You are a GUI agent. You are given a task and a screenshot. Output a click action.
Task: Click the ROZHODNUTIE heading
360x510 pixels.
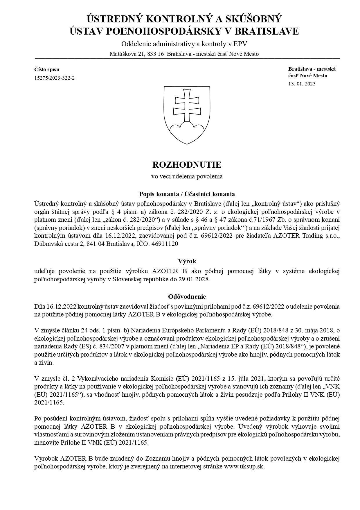pos(187,165)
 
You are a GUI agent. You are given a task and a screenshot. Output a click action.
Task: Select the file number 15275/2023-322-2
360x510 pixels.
pos(54,78)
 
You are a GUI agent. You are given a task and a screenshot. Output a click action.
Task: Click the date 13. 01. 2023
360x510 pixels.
pos(302,84)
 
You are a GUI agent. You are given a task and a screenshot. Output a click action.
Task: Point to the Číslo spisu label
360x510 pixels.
pos(47,69)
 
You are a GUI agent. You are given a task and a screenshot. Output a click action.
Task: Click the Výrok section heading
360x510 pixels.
pos(187,261)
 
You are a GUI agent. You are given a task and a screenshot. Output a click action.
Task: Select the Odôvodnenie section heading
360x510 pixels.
pos(187,297)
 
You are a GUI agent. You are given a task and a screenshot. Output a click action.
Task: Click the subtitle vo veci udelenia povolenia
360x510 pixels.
pos(187,176)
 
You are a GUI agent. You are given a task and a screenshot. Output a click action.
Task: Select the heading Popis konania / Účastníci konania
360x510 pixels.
pos(187,194)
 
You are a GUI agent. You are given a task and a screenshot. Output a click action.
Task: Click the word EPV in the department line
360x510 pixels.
pos(242,44)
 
